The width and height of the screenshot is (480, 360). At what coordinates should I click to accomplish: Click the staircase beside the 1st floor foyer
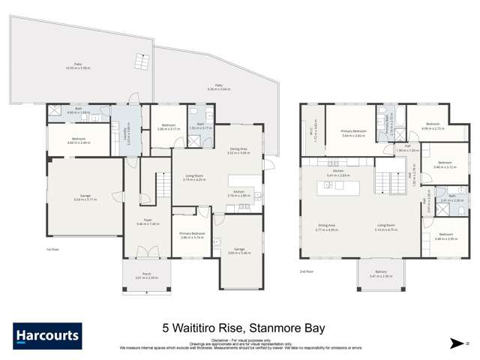click(x=164, y=182)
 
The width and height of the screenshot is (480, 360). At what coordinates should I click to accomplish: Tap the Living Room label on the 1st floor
click(x=194, y=178)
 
